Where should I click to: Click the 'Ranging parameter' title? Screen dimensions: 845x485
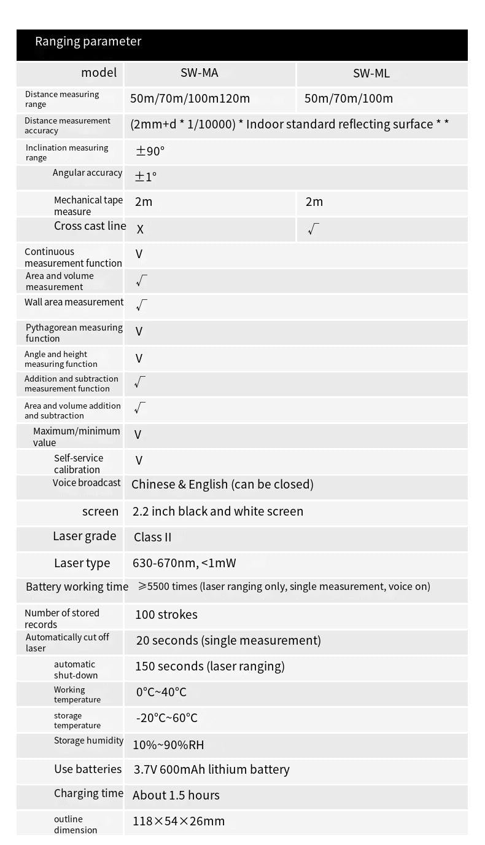coord(88,42)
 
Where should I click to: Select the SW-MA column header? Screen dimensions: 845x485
coord(199,73)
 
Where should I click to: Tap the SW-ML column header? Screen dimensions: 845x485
coord(371,74)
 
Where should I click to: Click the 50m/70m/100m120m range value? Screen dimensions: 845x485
coord(190,98)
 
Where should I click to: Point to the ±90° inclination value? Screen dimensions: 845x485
coord(150,151)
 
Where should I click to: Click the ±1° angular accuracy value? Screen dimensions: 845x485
coord(145,177)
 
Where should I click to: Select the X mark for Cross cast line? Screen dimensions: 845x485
coord(140,229)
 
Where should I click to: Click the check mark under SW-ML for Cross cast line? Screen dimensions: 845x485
coord(313,229)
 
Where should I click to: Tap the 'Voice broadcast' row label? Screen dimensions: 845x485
coord(87,483)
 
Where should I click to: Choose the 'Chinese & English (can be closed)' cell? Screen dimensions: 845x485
coord(222,484)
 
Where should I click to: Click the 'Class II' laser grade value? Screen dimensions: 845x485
coord(152,537)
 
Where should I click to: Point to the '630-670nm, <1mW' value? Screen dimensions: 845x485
coord(184,563)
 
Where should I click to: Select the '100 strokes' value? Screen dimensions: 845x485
coord(166,615)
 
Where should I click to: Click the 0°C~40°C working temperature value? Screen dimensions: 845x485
coord(161,692)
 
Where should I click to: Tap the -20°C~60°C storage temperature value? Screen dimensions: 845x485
coord(166,718)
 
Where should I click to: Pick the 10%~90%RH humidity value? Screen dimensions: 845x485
coord(168,745)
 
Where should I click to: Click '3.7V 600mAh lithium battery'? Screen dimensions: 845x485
coord(211,769)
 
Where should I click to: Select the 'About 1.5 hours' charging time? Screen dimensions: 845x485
coord(176,795)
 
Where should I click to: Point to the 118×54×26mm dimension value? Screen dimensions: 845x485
coord(179,821)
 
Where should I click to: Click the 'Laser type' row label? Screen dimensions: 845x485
coord(82,563)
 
